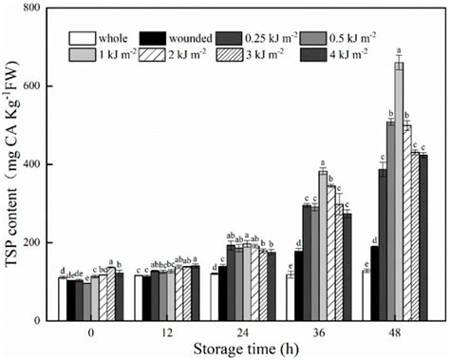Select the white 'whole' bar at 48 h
point(366,295)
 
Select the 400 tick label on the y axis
point(41,165)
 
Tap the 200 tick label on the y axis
point(41,243)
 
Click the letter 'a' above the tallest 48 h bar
point(399,53)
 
